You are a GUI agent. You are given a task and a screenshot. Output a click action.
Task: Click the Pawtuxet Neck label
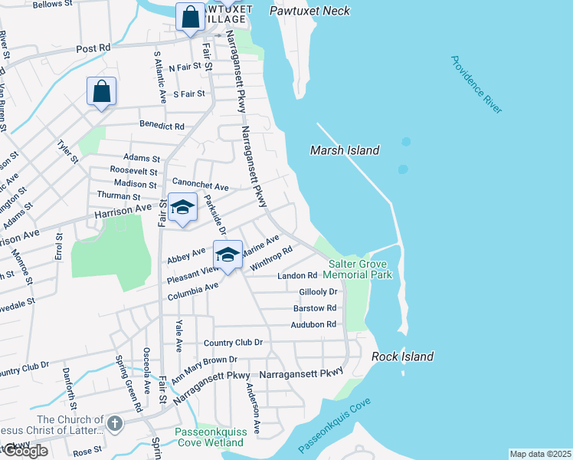click(x=310, y=11)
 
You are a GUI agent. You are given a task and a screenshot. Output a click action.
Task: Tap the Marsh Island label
click(x=345, y=150)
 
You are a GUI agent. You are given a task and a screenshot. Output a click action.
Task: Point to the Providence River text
click(x=476, y=85)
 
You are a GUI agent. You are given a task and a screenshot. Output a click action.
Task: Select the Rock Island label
click(x=403, y=356)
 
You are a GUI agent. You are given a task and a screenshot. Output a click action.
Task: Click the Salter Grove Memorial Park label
click(x=357, y=268)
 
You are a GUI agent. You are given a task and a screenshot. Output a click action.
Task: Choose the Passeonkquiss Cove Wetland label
click(x=210, y=437)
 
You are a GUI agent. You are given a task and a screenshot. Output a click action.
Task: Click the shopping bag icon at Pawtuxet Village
click(x=189, y=16)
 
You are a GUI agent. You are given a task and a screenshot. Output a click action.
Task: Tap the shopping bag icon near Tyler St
click(x=101, y=91)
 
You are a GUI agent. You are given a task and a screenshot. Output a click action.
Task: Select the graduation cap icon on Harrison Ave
click(x=182, y=208)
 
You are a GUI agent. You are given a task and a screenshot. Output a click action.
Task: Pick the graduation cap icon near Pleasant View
click(x=227, y=254)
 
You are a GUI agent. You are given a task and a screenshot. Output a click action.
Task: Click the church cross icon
click(x=114, y=423)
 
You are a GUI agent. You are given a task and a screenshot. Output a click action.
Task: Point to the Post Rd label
click(x=93, y=48)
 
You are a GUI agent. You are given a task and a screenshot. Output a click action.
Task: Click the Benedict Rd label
click(x=162, y=125)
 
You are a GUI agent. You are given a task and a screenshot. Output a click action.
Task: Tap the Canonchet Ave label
click(x=201, y=186)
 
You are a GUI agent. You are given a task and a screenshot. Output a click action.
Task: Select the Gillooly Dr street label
click(x=319, y=292)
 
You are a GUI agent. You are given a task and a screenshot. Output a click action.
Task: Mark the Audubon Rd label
click(x=314, y=324)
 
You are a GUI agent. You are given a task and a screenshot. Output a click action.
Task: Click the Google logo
click(x=24, y=451)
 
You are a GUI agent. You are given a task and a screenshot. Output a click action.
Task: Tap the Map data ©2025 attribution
click(x=540, y=454)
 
